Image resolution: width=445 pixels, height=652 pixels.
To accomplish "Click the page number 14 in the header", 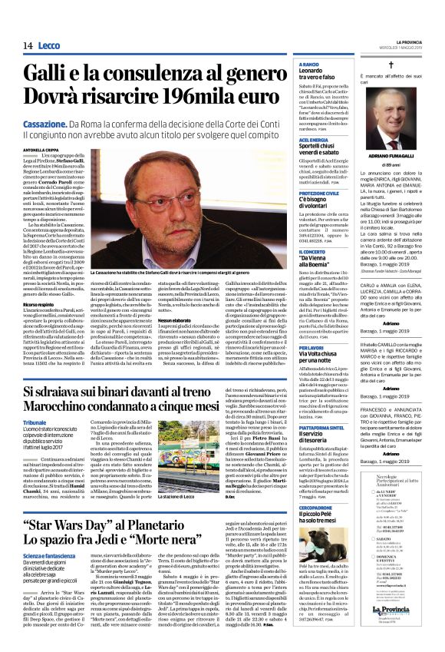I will (x=28, y=46).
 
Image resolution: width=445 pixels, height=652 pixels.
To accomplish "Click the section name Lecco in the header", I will (x=48, y=46).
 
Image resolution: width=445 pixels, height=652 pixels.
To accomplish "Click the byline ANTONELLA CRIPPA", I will (x=41, y=150).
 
